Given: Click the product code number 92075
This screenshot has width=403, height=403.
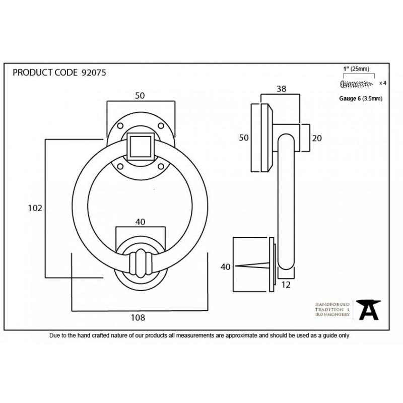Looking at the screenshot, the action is [94, 73].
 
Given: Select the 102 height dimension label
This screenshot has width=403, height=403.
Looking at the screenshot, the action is [35, 208].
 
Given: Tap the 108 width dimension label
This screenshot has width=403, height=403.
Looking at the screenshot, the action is [138, 318].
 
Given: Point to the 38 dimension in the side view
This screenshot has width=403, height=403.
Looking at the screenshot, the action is [282, 89].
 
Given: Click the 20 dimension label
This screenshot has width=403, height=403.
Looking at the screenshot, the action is [317, 138].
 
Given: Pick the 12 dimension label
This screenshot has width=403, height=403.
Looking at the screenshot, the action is [286, 285].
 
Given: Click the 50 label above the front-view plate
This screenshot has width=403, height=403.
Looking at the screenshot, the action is [140, 96].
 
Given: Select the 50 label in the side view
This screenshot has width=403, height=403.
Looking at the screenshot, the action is [244, 138].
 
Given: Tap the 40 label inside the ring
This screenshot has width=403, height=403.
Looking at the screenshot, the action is [140, 222].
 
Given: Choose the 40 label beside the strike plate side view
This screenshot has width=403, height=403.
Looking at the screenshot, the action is [225, 267].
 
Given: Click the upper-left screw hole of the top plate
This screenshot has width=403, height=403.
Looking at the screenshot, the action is [120, 126].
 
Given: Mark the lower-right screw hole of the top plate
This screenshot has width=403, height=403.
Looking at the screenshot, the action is [161, 167].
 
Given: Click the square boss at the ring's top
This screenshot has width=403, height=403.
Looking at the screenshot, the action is [141, 147].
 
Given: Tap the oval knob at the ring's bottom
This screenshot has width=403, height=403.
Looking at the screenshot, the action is [141, 263].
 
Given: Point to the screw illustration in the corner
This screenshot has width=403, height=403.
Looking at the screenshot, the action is [356, 84].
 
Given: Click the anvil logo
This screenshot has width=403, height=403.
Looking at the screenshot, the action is [368, 310].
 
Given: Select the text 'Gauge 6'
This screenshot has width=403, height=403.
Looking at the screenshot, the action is [350, 98].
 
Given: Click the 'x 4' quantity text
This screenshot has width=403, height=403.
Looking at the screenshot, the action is [383, 83].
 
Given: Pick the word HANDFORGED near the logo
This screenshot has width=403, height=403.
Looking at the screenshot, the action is [332, 304].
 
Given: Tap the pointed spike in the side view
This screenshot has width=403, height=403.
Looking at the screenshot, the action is [252, 265].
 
